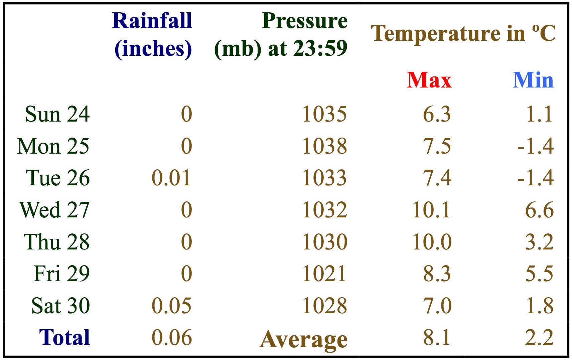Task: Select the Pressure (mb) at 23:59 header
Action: tap(281, 35)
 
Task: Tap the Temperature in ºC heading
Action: tap(463, 33)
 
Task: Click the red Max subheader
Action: tap(429, 80)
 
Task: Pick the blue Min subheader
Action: tap(533, 80)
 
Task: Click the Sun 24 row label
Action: tap(57, 114)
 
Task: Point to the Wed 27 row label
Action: tap(54, 210)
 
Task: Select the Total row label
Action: tap(64, 337)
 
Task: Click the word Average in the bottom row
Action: tap(303, 340)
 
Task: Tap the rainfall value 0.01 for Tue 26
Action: tap(171, 178)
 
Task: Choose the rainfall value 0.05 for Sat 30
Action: tap(171, 306)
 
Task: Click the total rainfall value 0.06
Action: tap(171, 338)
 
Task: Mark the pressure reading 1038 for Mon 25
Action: tap(324, 146)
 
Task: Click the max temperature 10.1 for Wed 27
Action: tap(431, 210)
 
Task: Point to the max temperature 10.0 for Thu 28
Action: tap(432, 242)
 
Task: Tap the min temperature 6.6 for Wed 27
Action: tap(539, 210)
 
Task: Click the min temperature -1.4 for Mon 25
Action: tap(535, 146)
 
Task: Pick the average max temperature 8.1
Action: tap(437, 338)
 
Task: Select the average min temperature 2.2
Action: tap(539, 338)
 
